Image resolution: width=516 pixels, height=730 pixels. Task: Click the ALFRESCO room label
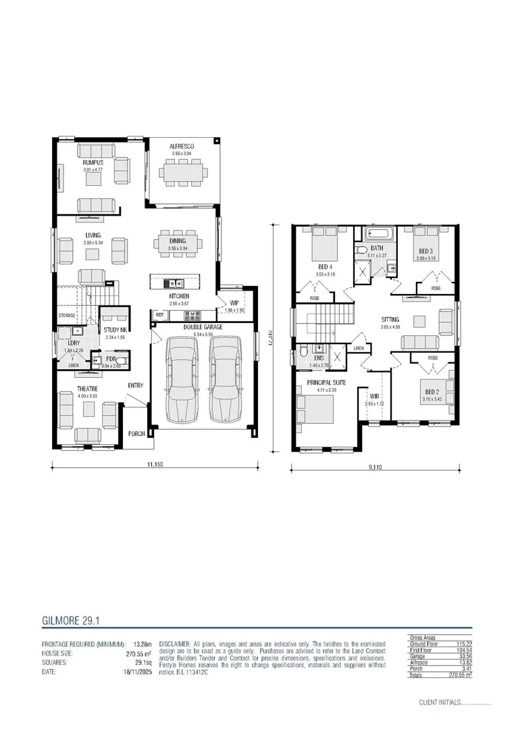click(x=182, y=147)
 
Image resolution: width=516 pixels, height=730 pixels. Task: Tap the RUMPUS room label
click(x=93, y=162)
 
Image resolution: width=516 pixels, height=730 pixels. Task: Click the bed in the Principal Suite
click(x=316, y=409)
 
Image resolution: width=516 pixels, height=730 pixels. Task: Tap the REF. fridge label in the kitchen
click(x=160, y=315)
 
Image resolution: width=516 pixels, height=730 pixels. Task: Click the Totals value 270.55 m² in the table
click(x=459, y=674)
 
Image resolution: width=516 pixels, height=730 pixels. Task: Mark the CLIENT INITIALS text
click(x=439, y=702)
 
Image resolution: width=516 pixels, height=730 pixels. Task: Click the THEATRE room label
click(x=87, y=389)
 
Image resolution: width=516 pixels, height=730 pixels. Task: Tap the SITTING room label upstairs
click(x=390, y=319)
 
